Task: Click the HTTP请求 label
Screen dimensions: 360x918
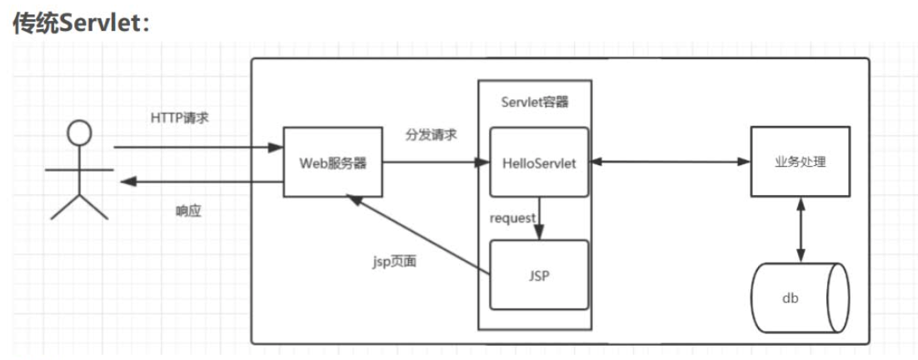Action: coord(179,117)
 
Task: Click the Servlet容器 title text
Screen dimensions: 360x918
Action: coord(535,101)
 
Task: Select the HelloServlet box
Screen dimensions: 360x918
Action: coord(539,162)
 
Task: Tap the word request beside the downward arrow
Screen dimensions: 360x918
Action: coord(511,217)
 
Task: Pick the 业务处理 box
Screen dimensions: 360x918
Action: coord(800,162)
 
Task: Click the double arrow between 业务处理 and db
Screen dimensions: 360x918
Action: coord(800,229)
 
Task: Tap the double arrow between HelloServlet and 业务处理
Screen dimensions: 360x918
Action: coord(670,162)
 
